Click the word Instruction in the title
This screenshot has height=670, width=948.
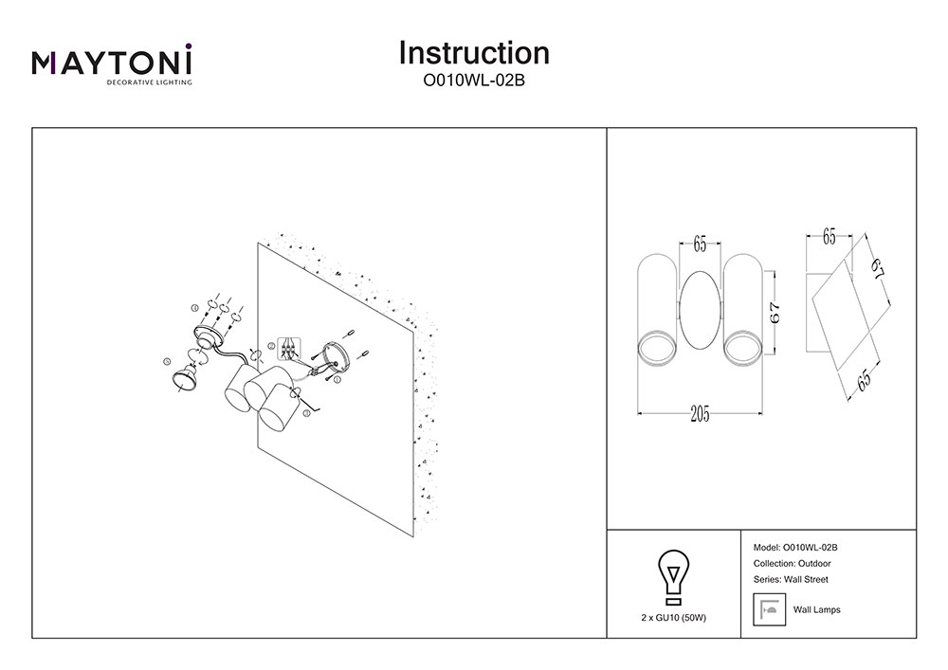coord(474,52)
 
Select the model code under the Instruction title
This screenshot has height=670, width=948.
coord(474,81)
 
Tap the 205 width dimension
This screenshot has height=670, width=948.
coord(700,414)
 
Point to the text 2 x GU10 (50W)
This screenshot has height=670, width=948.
coord(673,617)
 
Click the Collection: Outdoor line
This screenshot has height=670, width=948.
coord(792,563)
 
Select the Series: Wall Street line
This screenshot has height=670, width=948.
coord(790,579)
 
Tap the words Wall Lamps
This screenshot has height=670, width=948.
coord(816,610)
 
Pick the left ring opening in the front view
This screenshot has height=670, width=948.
coord(655,348)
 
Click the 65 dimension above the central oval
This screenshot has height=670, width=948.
coord(700,244)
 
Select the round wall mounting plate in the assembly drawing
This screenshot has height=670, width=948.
coord(333,358)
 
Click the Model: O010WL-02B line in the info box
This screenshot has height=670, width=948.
coord(794,548)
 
